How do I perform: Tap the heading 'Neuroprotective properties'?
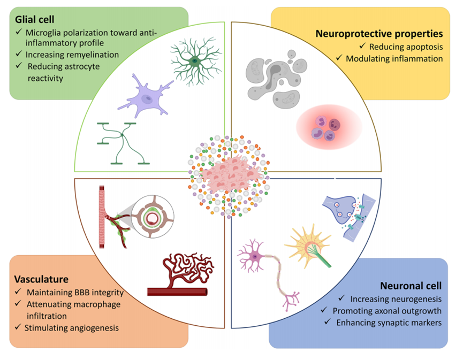point(379,33)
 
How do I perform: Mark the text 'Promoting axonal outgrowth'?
point(387,310)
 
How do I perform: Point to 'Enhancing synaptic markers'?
point(390,323)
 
